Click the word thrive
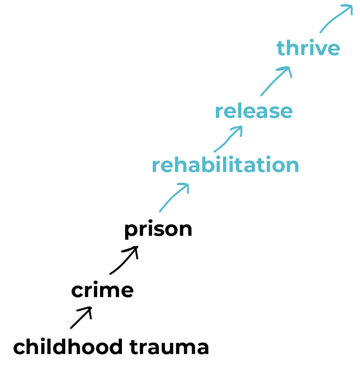[308, 49]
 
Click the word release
[254, 112]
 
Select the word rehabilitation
[225, 165]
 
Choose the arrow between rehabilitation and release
[227, 139]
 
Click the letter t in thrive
[281, 49]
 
